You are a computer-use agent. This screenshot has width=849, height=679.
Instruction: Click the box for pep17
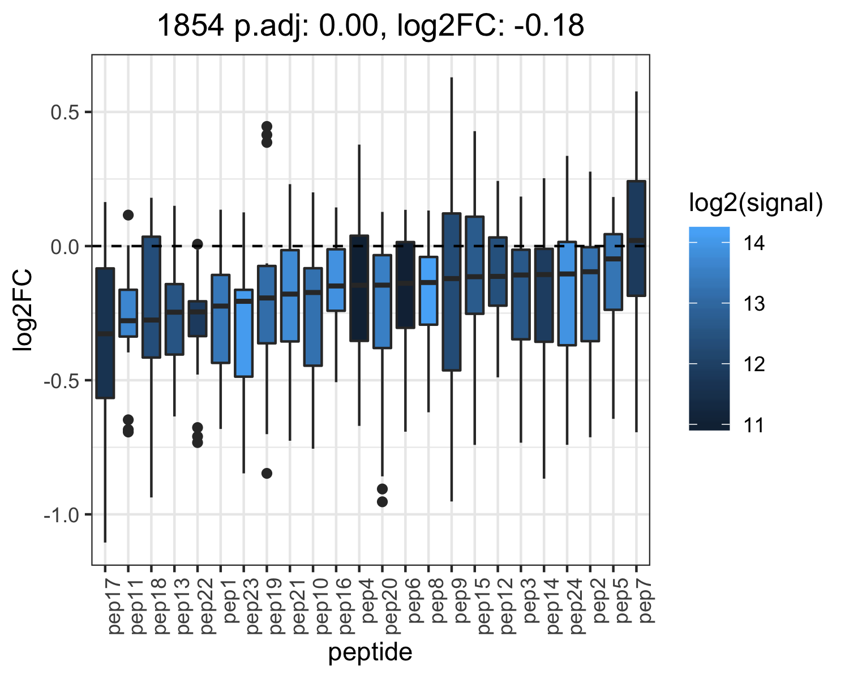105,333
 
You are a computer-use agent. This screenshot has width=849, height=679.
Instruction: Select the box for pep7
636,238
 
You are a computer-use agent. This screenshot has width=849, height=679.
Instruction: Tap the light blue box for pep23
244,333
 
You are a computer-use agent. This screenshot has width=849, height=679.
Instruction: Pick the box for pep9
452,292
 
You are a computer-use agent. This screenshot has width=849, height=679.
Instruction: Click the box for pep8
428,291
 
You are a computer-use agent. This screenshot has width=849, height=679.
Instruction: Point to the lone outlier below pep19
267,473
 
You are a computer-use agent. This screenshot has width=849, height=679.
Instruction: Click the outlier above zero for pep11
128,215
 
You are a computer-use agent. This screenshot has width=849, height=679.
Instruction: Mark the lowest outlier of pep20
382,502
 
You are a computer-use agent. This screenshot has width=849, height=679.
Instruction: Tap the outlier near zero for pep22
198,244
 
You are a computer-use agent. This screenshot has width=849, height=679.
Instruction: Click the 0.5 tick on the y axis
65,113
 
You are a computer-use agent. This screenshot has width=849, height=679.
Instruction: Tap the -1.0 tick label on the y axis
62,515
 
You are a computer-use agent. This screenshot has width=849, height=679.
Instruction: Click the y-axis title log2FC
22,310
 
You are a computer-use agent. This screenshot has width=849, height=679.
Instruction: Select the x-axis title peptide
370,652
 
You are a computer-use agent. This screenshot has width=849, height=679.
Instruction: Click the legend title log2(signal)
756,203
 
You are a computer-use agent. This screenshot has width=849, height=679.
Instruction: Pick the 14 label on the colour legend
754,243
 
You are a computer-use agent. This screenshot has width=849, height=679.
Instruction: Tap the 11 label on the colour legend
754,426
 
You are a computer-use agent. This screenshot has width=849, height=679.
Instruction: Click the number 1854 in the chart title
191,25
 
